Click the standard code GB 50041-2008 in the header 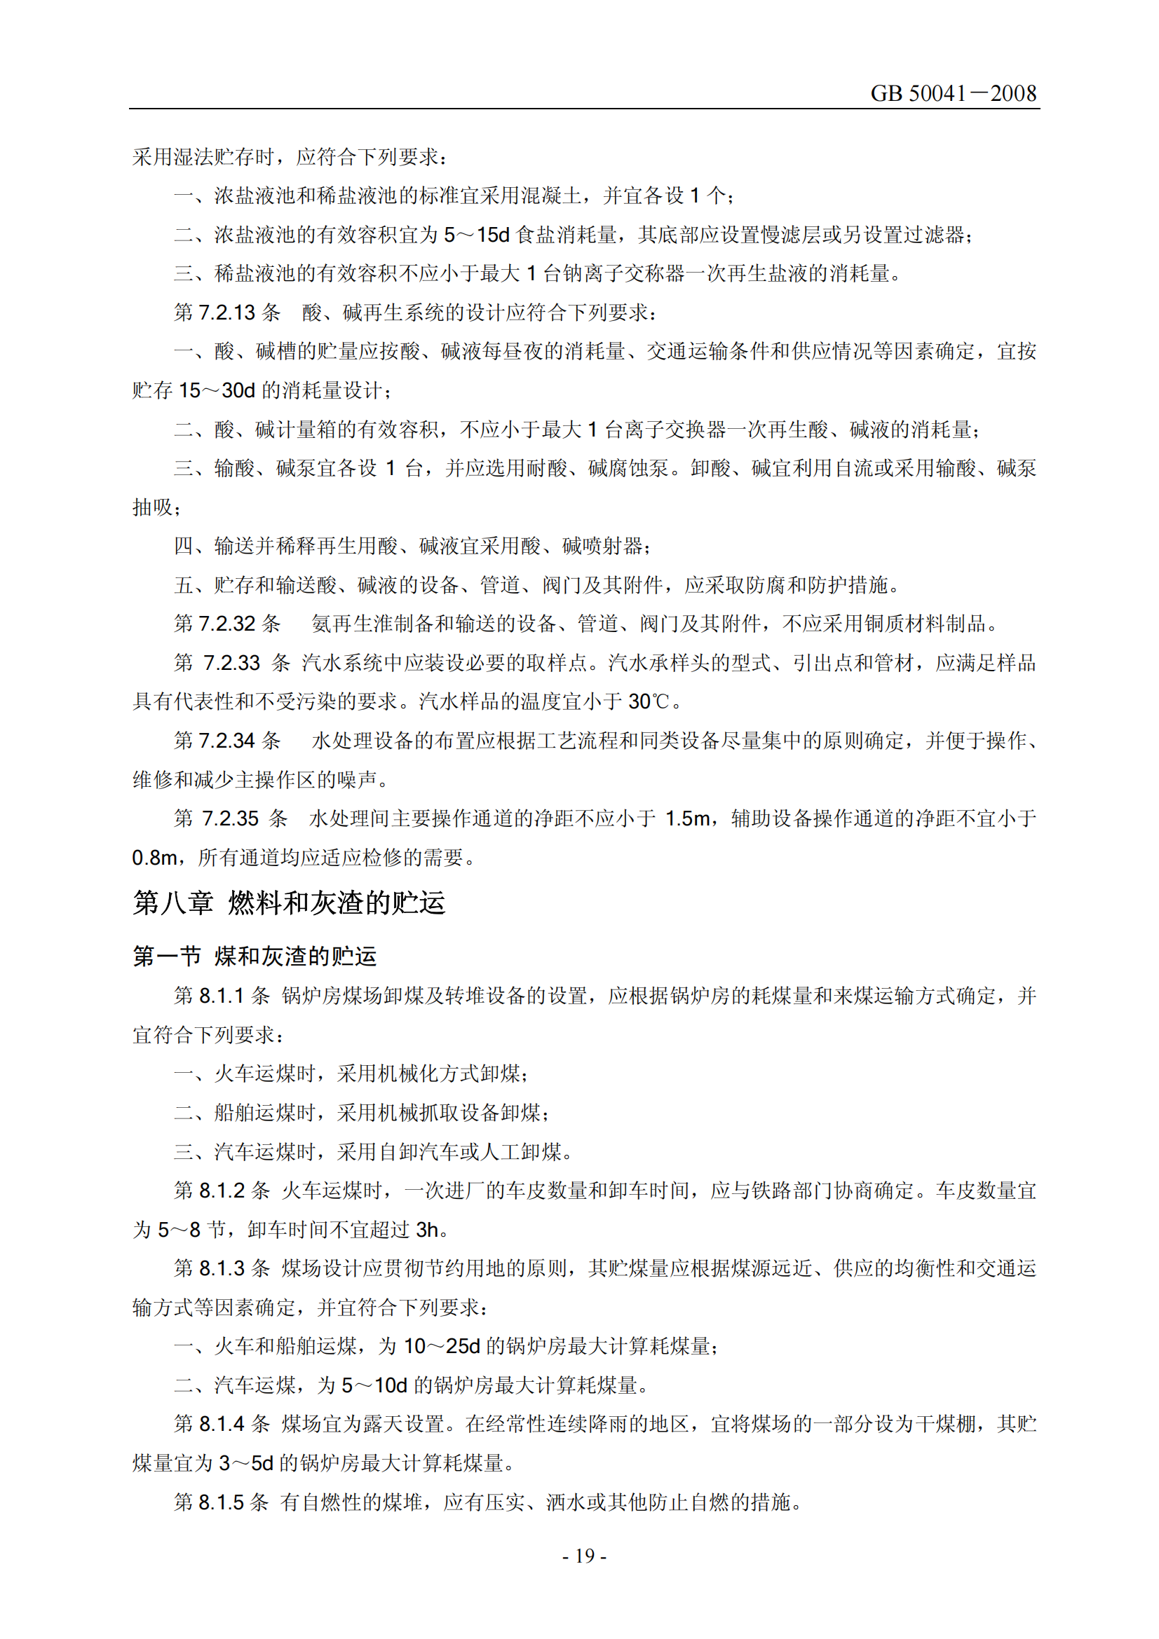(x=953, y=93)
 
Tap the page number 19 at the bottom (x=584, y=1556)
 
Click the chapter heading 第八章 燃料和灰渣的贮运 (x=289, y=903)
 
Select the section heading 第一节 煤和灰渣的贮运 (x=255, y=956)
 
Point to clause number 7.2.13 (x=226, y=313)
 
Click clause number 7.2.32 (x=226, y=624)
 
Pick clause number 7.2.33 (x=231, y=663)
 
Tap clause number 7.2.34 (x=226, y=741)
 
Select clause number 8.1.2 (x=222, y=1191)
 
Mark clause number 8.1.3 (x=222, y=1268)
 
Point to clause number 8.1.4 (x=222, y=1424)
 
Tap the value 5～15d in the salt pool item (x=476, y=235)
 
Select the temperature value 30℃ (x=649, y=701)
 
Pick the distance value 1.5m (x=687, y=818)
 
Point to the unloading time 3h (x=426, y=1229)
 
